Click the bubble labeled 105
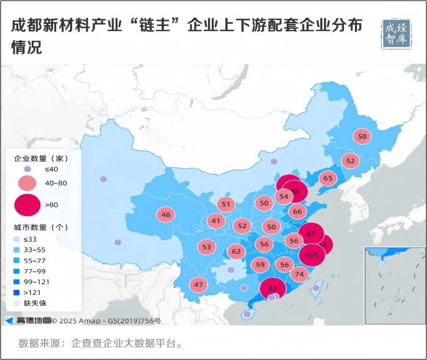(312, 255)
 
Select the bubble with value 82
(273, 289)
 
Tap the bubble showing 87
(311, 234)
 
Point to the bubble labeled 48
(165, 215)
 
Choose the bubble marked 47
(198, 285)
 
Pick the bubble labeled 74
(299, 275)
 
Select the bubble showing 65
(328, 179)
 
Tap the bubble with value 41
(216, 221)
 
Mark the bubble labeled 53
(207, 247)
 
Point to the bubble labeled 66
(297, 212)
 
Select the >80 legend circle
(27, 205)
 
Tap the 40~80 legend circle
(27, 184)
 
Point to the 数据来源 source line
(101, 343)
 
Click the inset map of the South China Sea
(395, 286)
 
